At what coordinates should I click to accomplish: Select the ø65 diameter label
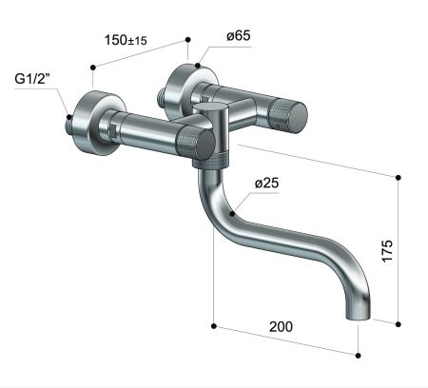(240, 36)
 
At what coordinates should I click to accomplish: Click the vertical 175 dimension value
(386, 250)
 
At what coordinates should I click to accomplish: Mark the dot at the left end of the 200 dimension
(214, 326)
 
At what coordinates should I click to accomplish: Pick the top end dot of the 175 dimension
(396, 176)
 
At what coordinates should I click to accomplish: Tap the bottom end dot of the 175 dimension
(396, 322)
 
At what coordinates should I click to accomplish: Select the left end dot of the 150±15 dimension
(92, 67)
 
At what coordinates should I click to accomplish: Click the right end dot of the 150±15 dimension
(187, 39)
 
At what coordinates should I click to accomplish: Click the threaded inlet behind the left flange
(68, 122)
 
